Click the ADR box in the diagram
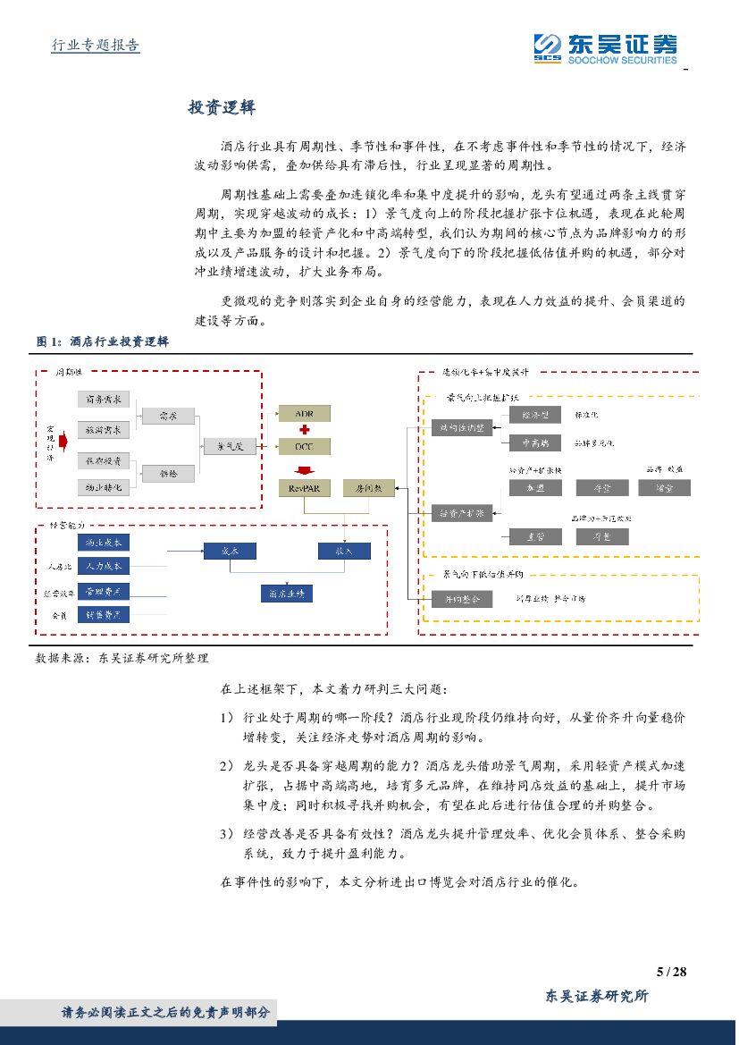point(305,413)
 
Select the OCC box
point(305,444)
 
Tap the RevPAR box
point(305,488)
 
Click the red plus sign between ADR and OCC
point(305,429)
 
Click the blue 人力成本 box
point(104,566)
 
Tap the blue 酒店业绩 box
point(286,593)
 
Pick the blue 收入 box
point(344,551)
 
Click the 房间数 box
point(368,488)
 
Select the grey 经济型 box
point(535,415)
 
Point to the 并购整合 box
point(462,599)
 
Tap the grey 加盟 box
point(535,488)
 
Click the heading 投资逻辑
point(222,107)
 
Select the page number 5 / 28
point(670,972)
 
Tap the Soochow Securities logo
point(604,49)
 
